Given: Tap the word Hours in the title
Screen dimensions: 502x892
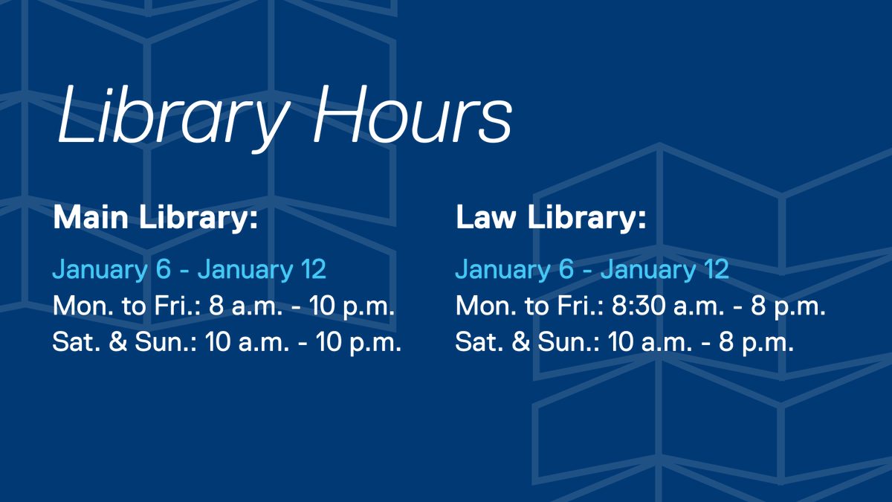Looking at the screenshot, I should (x=413, y=115).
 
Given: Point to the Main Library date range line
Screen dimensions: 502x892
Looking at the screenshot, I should (x=189, y=269).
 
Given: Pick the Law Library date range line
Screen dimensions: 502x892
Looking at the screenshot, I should (x=592, y=269).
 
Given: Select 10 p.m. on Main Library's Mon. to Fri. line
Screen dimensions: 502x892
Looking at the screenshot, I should (x=354, y=306).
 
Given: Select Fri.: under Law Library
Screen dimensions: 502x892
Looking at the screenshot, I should (x=581, y=306).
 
